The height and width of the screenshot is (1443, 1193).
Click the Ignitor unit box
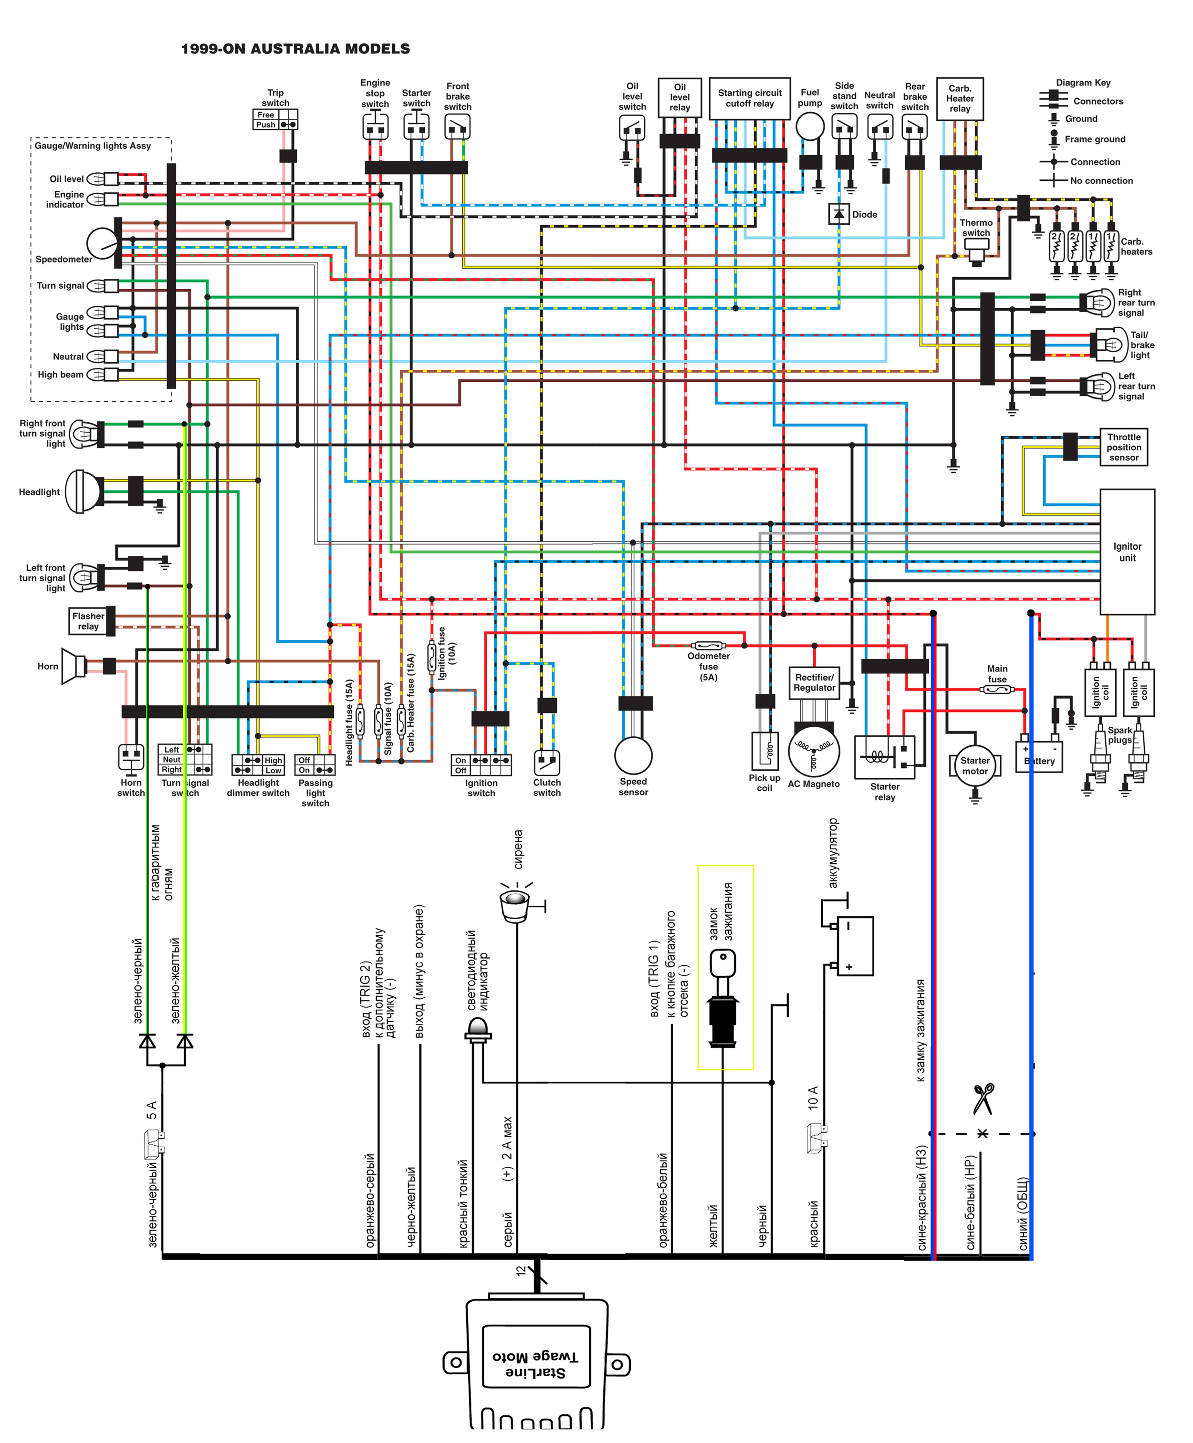pos(1127,552)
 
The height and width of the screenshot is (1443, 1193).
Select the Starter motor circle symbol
pos(974,765)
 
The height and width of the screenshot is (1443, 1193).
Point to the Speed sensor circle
pos(633,755)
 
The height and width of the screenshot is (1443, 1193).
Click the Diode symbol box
pos(838,214)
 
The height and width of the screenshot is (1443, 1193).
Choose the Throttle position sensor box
pos(1124,447)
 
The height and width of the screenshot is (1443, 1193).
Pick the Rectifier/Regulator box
pos(815,683)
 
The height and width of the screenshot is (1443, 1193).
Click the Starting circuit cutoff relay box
pos(750,98)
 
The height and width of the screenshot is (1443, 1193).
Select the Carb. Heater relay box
pos(960,99)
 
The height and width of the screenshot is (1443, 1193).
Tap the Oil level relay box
pos(680,97)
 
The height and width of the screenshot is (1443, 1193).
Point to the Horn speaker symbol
pos(73,666)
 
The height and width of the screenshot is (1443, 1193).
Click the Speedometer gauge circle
pos(103,243)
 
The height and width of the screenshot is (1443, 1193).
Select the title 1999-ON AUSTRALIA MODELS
pos(295,49)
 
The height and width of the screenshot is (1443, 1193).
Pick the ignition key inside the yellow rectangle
pos(723,998)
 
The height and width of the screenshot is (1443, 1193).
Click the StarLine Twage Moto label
pos(536,1365)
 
